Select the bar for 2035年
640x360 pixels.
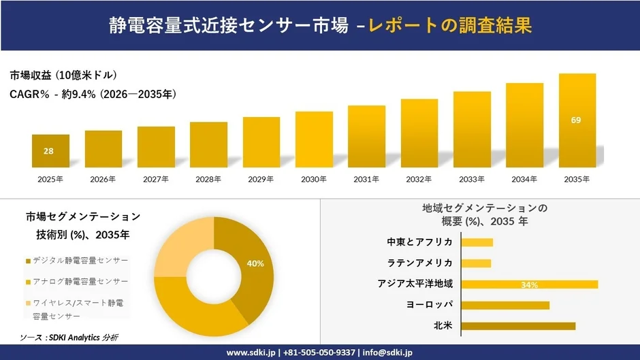point(577,120)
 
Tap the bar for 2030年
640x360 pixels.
point(314,140)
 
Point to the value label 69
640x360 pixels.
point(576,120)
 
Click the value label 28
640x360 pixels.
point(48,151)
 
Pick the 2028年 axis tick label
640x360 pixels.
point(208,180)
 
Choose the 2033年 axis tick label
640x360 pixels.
point(472,180)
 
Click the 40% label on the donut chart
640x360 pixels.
point(255,263)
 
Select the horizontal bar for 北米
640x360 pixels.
point(518,326)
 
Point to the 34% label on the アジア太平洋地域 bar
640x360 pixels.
point(529,284)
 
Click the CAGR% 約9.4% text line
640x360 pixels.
point(93,95)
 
